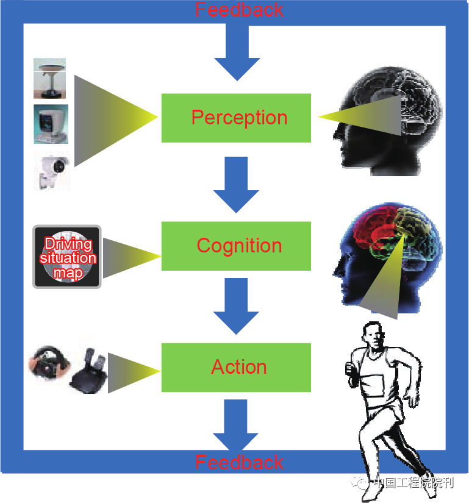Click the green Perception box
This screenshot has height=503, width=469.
(236, 118)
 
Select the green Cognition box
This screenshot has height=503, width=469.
(236, 246)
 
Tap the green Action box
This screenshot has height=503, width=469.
(236, 367)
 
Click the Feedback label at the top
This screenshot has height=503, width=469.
(239, 10)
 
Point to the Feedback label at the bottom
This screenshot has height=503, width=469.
(239, 462)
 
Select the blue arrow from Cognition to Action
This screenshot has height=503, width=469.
(236, 306)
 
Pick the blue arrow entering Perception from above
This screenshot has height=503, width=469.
(236, 55)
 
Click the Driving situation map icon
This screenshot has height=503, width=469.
(67, 257)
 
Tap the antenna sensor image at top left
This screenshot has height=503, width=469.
(50, 77)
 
